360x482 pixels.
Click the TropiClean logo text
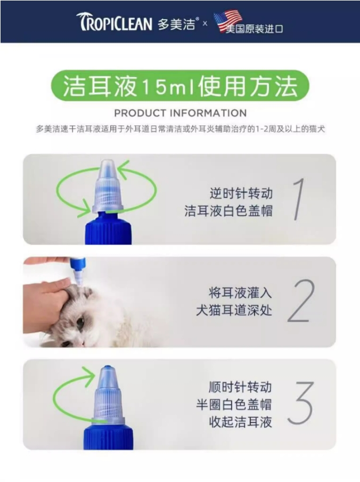pyautogui.click(x=114, y=22)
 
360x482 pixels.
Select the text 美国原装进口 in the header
pyautogui.click(x=254, y=29)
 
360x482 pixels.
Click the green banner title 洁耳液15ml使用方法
pyautogui.click(x=180, y=86)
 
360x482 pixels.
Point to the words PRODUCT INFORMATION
pyautogui.click(x=180, y=113)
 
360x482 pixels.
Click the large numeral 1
pyautogui.click(x=298, y=199)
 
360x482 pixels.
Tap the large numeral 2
pyautogui.click(x=301, y=301)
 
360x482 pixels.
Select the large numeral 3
pyautogui.click(x=300, y=403)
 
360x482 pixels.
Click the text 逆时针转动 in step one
pyautogui.click(x=241, y=193)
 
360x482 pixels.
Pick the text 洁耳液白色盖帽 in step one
pyautogui.click(x=228, y=211)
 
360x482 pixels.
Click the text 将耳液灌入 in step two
pyautogui.click(x=240, y=292)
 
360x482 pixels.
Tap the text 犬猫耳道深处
pyautogui.click(x=234, y=311)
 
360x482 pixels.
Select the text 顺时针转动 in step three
pyautogui.click(x=240, y=387)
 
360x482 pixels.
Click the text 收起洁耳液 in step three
pyautogui.click(x=240, y=422)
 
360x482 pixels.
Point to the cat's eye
pyautogui.click(x=80, y=322)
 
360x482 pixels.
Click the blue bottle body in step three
pyautogui.click(x=108, y=437)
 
